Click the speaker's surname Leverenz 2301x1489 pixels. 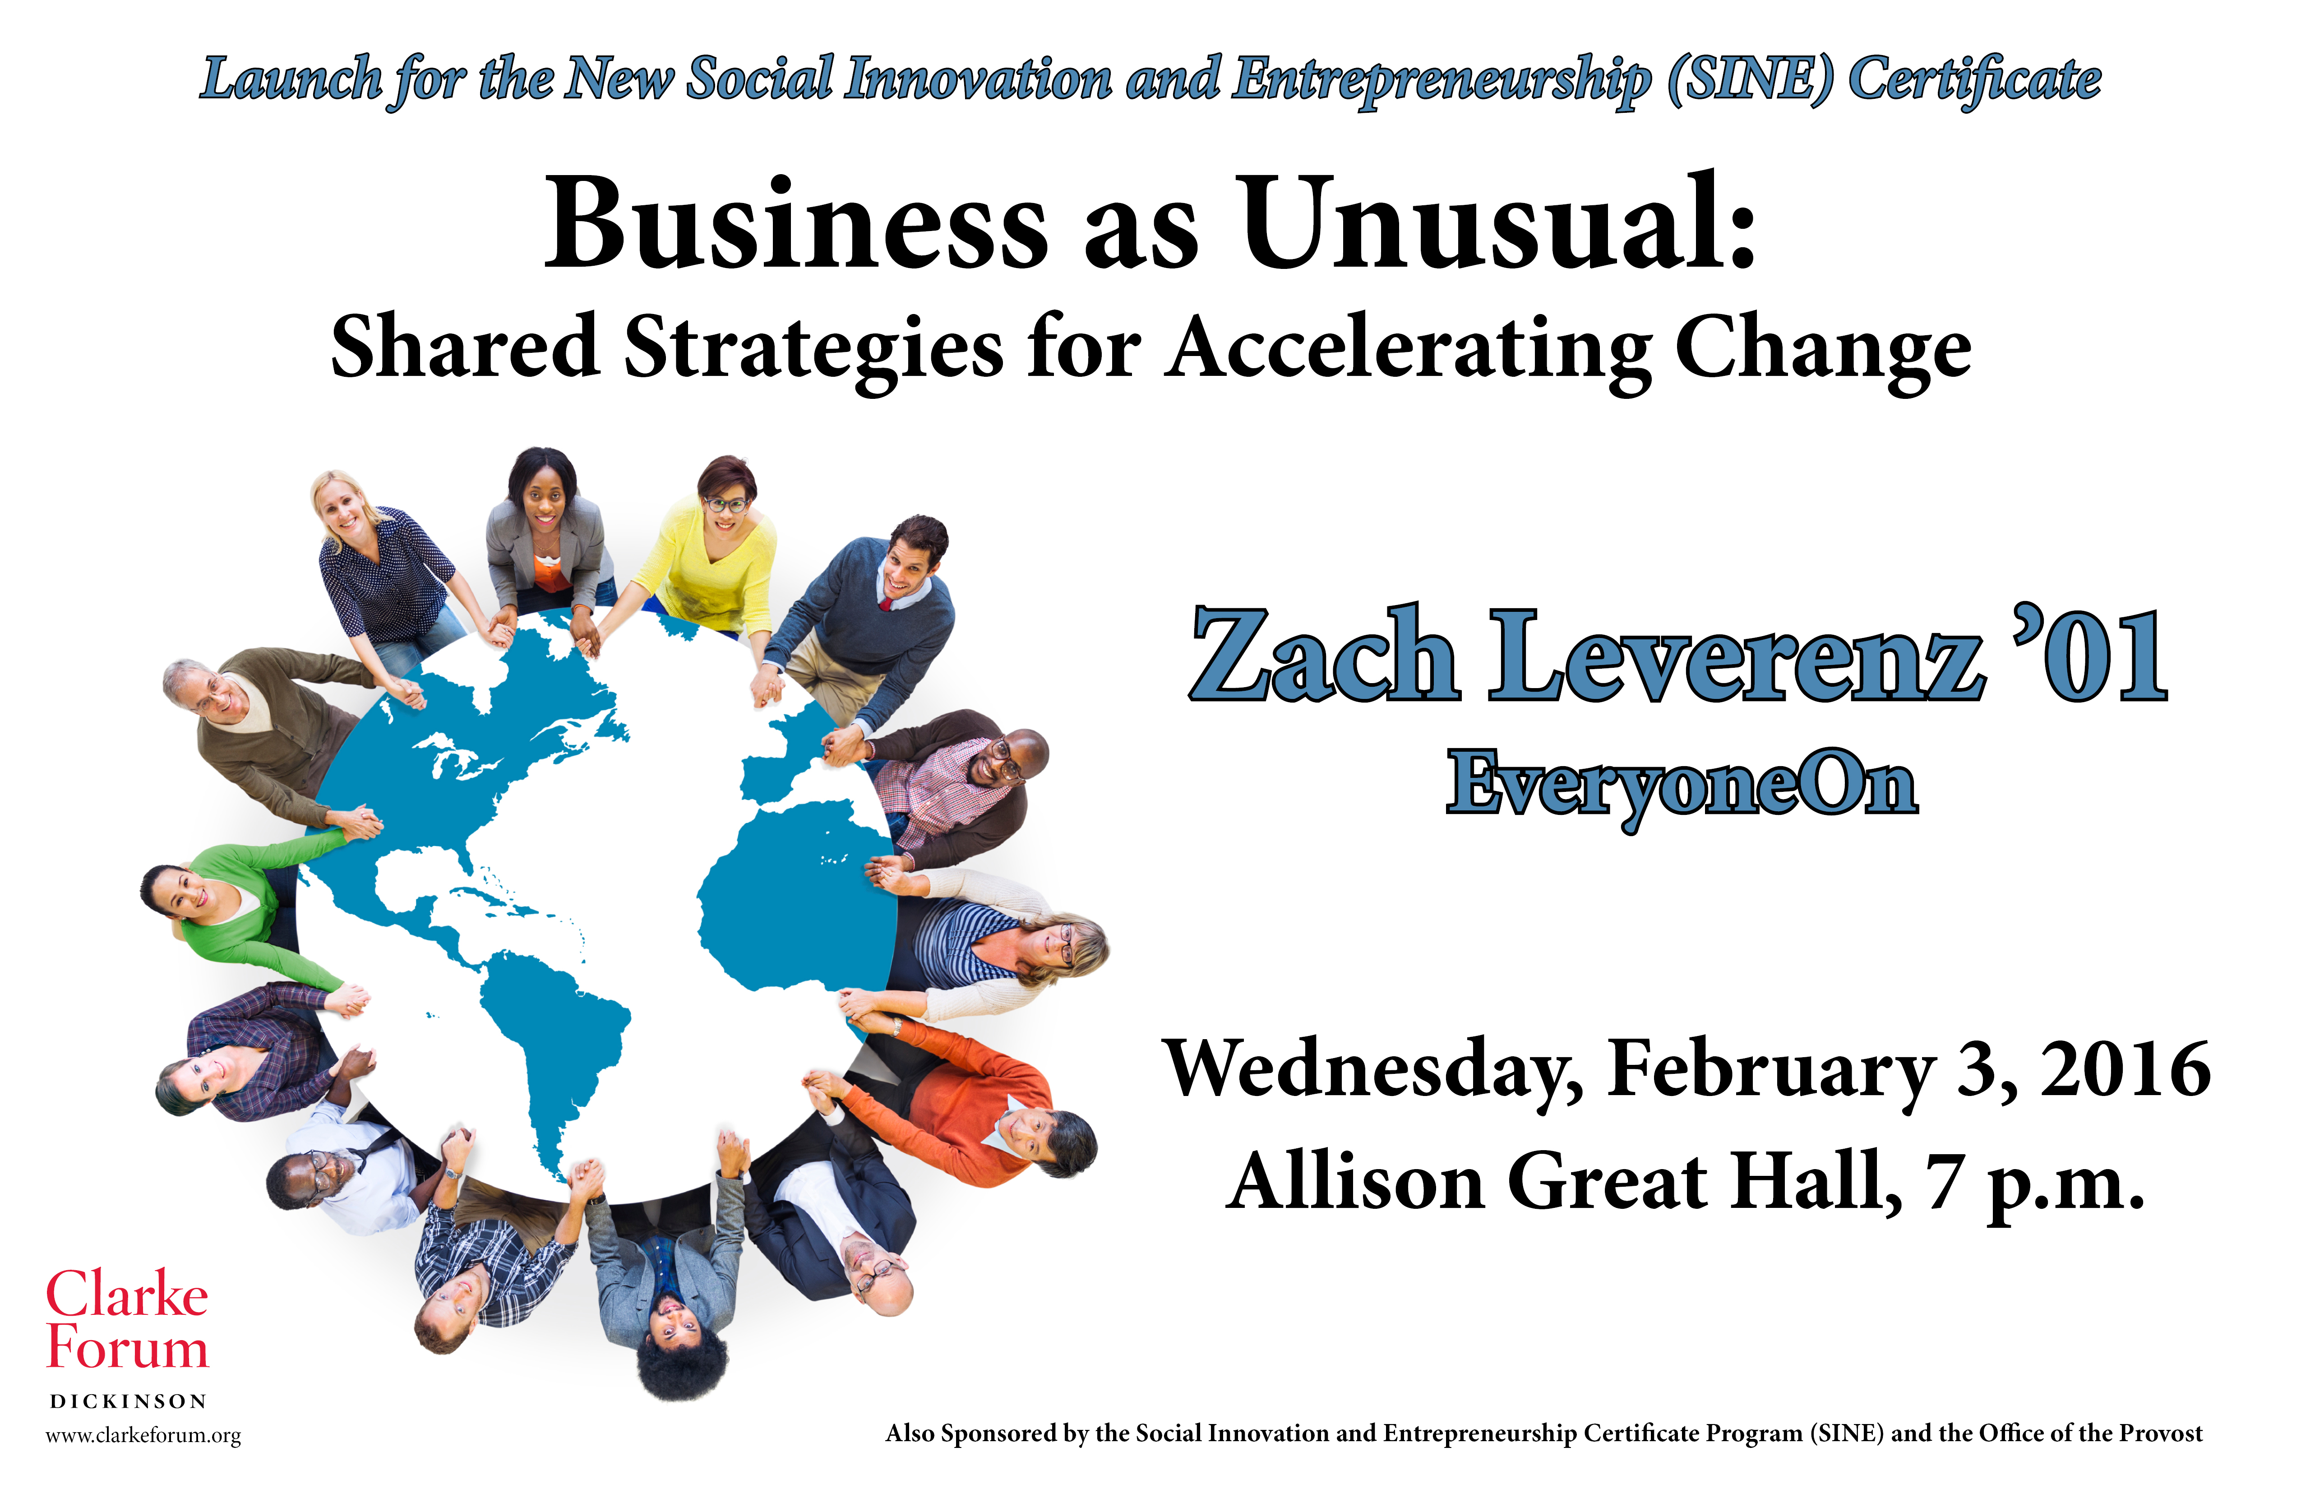point(1735,655)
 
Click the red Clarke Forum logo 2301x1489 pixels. point(128,1321)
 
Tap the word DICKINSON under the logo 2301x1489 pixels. point(128,1401)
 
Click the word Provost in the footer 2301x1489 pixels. point(2161,1433)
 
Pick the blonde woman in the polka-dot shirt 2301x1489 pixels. point(387,570)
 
